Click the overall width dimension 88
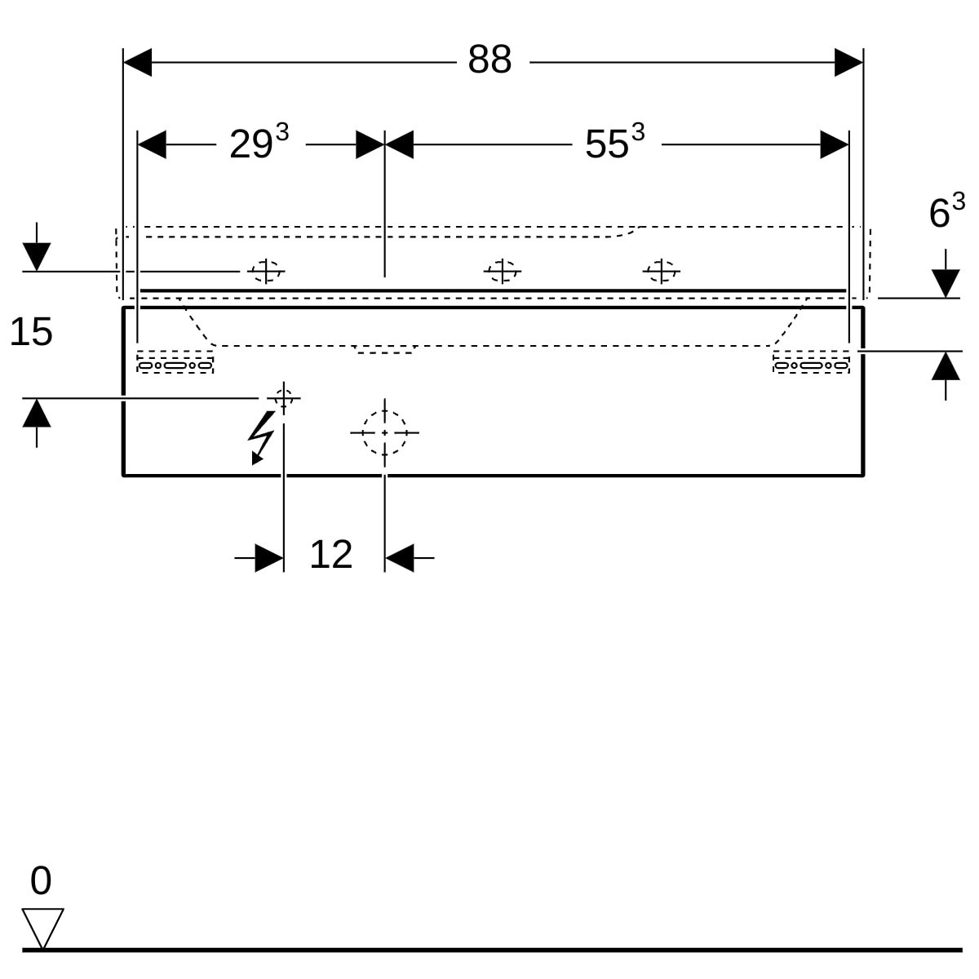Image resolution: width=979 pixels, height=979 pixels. (489, 60)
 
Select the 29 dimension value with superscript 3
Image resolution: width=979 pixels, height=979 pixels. (259, 141)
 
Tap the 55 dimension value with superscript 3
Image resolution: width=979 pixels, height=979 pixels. (615, 141)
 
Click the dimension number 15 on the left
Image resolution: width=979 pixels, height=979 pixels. (31, 332)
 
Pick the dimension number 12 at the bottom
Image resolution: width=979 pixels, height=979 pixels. (330, 554)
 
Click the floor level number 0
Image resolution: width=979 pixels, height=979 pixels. (41, 880)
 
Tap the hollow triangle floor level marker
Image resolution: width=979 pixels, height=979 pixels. (42, 928)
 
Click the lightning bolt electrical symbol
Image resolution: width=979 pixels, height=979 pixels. (262, 437)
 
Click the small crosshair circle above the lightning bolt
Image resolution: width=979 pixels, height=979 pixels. (283, 398)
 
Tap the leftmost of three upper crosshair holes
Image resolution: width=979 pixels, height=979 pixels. (266, 272)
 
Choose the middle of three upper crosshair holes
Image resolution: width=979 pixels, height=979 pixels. (502, 272)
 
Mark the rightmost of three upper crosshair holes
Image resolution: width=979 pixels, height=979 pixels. (661, 272)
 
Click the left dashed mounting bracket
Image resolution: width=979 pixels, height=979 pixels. (175, 361)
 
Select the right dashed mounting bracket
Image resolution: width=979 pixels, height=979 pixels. (811, 361)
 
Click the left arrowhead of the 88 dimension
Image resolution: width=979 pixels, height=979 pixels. (137, 63)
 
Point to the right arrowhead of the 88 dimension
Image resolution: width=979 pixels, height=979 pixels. (849, 63)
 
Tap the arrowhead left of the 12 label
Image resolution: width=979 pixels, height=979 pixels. (269, 558)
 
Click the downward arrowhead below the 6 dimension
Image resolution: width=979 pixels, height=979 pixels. (946, 283)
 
